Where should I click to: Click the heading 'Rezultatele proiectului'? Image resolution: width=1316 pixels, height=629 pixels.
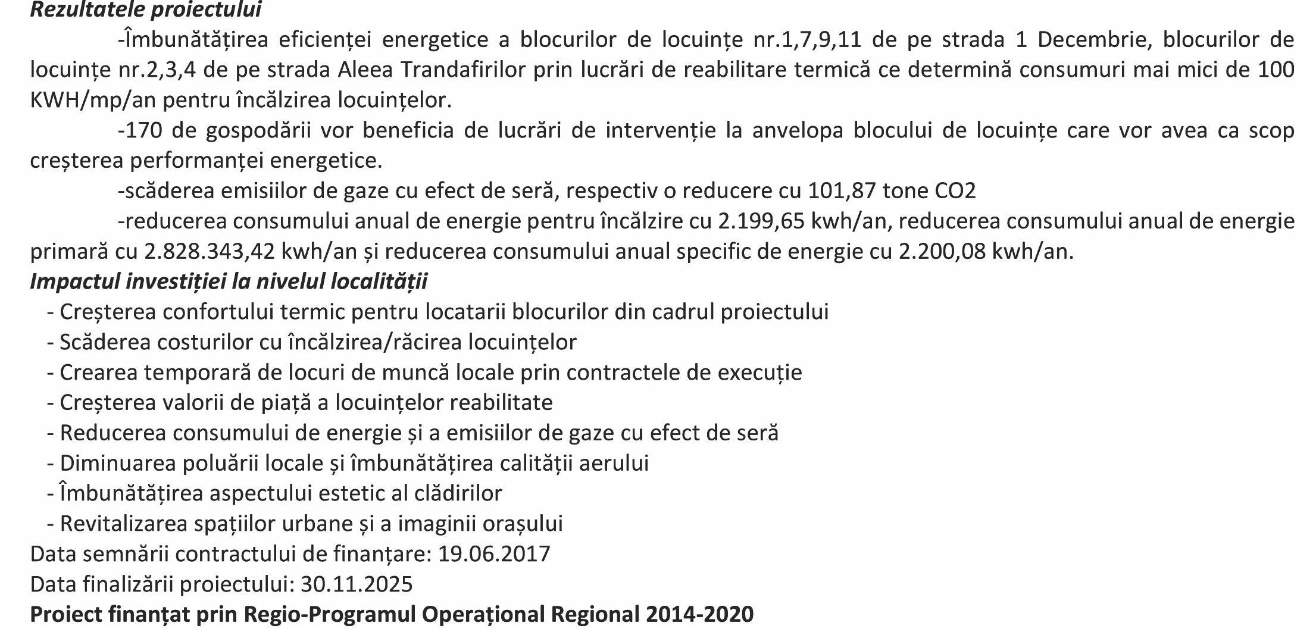point(146,10)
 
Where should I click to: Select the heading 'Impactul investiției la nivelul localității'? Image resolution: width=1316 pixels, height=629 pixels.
point(229,281)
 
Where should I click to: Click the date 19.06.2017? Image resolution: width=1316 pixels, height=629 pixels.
point(494,554)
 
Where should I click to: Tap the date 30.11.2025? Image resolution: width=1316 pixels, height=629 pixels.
point(357,584)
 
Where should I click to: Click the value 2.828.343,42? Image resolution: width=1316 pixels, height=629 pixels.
point(210,252)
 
